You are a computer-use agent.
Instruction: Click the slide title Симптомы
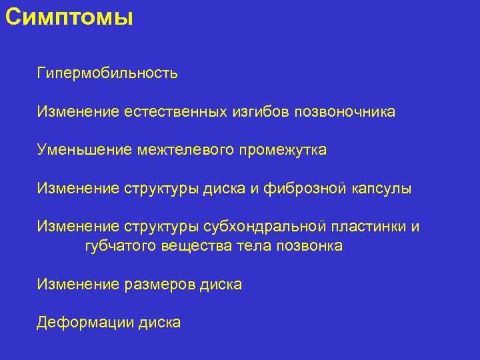pos(69,16)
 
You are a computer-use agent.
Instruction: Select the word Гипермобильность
pos(107,73)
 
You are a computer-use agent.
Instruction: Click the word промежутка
pos(282,150)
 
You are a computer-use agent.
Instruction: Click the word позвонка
pos(308,247)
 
